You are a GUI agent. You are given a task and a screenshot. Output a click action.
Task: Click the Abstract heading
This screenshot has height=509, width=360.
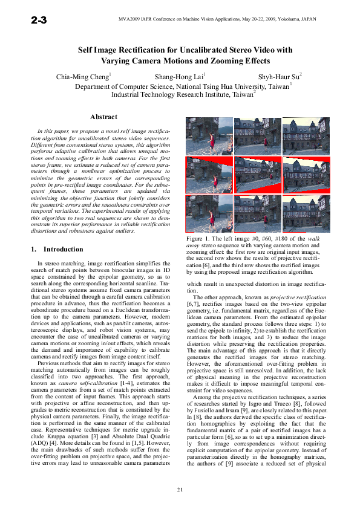pos(103,117)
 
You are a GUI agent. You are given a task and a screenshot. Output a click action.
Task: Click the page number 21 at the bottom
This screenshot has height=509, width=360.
pos(180,488)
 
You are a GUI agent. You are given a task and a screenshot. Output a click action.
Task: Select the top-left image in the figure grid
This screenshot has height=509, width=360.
pos(209,136)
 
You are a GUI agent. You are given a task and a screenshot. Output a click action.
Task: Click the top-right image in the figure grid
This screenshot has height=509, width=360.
pos(306,136)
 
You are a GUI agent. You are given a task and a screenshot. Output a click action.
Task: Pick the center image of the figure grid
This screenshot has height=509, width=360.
pos(257,175)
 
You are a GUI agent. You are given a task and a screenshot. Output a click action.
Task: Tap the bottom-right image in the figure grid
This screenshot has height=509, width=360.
pos(306,214)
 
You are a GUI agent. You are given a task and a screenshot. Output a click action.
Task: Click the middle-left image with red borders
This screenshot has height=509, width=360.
pos(209,175)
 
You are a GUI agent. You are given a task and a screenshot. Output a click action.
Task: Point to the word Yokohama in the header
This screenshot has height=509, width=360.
pos(295,20)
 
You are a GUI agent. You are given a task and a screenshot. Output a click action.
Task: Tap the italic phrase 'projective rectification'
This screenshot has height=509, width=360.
pos(290,298)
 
